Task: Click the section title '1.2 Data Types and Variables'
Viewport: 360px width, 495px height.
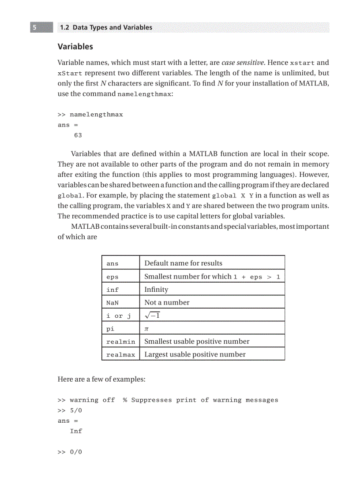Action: coord(105,27)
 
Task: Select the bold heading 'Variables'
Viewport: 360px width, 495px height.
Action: coord(75,46)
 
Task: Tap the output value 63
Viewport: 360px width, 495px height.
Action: coord(78,135)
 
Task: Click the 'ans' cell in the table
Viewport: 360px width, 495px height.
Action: coord(112,264)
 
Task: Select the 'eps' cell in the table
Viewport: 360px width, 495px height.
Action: coord(112,277)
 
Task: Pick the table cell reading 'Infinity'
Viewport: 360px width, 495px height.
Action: coord(156,290)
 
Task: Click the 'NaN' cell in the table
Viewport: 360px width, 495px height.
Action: coord(112,303)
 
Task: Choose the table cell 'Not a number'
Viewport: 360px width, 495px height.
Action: coord(167,302)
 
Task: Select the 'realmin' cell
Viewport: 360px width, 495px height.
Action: coord(120,342)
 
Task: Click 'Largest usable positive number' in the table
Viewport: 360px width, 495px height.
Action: coord(195,354)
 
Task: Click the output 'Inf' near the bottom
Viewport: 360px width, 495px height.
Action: coord(76,431)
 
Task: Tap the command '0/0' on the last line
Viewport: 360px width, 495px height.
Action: coord(76,452)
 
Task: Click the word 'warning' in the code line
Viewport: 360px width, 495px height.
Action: coord(84,400)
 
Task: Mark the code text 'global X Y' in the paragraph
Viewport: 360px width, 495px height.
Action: coord(233,195)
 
